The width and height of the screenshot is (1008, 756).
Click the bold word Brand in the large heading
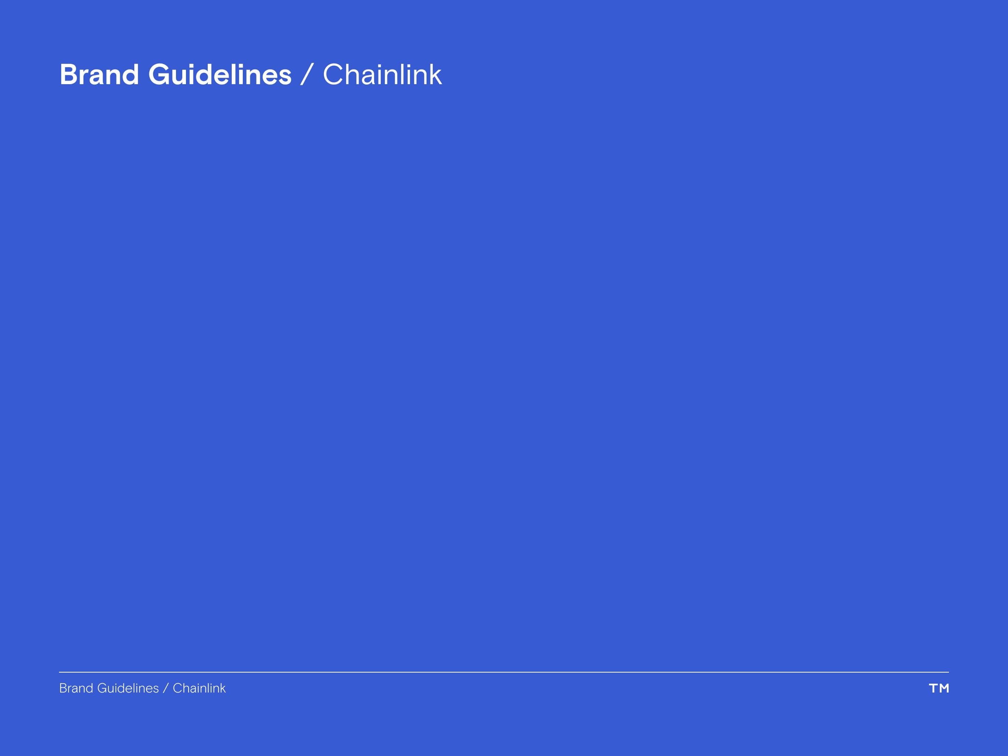tap(99, 75)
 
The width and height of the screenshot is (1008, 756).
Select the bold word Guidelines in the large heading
tap(220, 75)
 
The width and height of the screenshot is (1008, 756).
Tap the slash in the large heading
tap(307, 75)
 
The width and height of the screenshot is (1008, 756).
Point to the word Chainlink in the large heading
tap(382, 75)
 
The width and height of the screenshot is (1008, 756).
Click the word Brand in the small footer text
tap(76, 688)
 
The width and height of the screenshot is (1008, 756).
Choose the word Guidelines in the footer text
tap(128, 688)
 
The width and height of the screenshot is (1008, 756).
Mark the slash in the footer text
tap(165, 688)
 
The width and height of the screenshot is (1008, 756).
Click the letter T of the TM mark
tap(933, 688)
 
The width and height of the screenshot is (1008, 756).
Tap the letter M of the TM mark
tap(944, 688)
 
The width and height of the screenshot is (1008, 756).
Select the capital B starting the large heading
tap(69, 75)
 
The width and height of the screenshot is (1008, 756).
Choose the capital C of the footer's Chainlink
tap(177, 688)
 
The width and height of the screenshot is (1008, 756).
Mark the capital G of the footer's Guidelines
tap(101, 688)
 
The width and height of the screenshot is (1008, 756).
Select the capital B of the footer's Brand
tap(62, 688)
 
